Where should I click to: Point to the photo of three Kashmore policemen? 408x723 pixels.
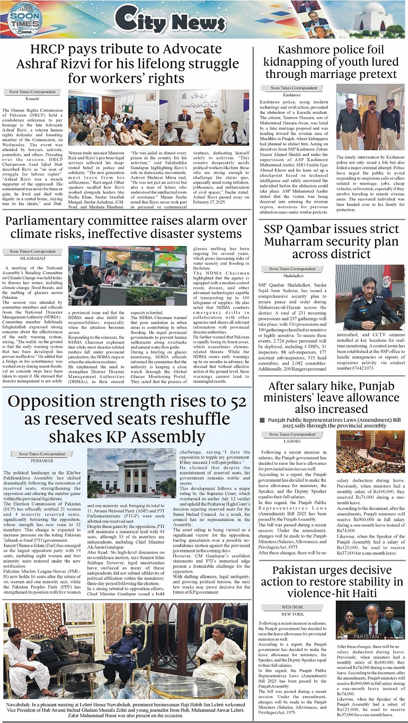[369, 117]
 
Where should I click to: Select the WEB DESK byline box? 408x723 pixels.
[292, 607]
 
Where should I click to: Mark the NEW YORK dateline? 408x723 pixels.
[292, 614]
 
